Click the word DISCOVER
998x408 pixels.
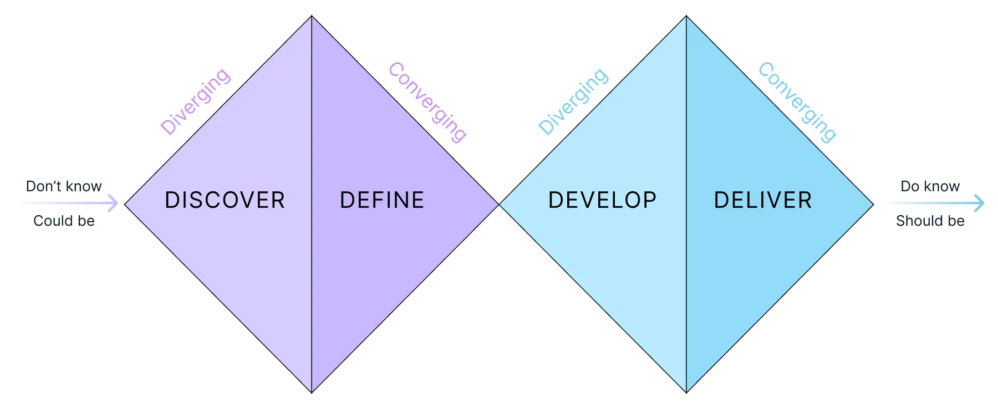225,200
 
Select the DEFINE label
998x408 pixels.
382,200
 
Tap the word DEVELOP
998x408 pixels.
602,200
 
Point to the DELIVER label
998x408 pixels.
763,200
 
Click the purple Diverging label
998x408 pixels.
195,101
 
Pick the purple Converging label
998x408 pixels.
427,102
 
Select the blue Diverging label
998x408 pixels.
573,101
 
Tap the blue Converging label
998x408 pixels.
797,102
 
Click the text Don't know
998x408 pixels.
64,186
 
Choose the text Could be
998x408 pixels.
64,221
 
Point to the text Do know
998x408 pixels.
930,186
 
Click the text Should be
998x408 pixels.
930,221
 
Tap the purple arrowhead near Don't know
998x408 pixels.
114,203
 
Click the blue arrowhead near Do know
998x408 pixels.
980,203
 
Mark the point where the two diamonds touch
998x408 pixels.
499,205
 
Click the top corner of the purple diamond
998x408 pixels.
312,16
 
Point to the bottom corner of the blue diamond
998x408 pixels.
686,392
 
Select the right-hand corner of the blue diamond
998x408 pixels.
873,205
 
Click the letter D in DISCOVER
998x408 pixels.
171,200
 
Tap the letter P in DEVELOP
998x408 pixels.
650,200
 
